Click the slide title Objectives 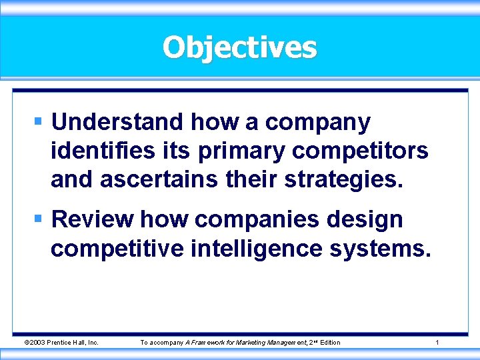click(x=240, y=47)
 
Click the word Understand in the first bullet click(x=117, y=122)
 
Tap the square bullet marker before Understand click(x=39, y=122)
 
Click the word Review click(x=92, y=219)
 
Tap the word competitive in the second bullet click(x=117, y=249)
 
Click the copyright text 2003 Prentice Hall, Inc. click(x=61, y=343)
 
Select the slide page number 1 click(x=437, y=343)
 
